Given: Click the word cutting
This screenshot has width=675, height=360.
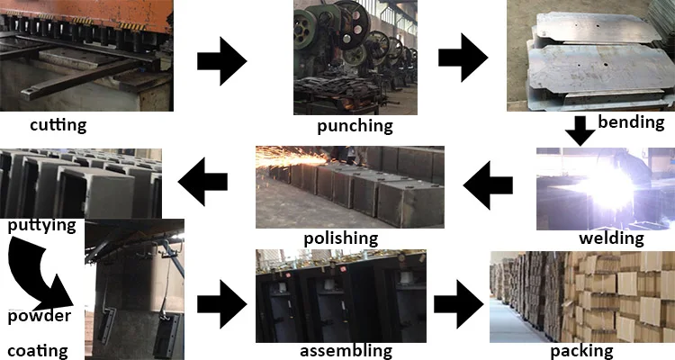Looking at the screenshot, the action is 58,125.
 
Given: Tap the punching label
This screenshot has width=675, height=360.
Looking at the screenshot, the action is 355,126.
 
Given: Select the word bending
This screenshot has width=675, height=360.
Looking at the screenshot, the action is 631,122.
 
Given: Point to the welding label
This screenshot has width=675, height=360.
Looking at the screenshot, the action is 611,238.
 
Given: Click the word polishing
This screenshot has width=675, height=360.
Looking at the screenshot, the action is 341,238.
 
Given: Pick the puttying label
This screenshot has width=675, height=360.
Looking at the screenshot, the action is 41,226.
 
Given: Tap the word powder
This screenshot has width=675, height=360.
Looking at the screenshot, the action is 40,317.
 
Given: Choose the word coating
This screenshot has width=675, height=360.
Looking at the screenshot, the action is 38,351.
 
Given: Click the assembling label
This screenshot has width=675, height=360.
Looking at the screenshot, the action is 346,351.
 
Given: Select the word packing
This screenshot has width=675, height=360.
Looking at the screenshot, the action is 582,351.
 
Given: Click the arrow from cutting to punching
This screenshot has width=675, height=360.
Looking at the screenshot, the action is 222,61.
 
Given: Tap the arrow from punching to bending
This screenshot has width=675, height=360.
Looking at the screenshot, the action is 463,58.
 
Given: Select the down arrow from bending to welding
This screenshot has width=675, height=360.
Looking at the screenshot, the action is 580,130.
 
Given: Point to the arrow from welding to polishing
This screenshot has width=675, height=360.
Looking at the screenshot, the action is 488,185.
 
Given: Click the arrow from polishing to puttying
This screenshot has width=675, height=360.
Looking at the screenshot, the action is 202,181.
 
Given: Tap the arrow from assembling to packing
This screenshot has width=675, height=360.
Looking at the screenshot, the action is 458,304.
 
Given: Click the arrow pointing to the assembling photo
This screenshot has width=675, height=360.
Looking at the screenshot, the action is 222,304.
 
